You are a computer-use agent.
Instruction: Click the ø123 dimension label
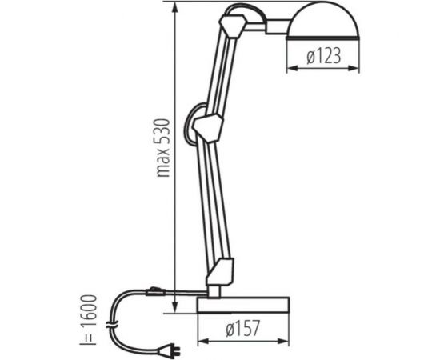324,55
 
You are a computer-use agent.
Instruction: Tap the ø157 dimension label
242,328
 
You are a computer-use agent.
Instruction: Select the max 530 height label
162,148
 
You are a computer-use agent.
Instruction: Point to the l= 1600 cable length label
88,319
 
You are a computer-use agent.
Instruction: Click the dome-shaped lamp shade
322,20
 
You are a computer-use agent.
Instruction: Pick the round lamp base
243,305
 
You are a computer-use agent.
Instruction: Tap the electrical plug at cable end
169,350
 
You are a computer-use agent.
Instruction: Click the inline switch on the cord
155,292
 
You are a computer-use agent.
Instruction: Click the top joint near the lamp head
233,26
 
